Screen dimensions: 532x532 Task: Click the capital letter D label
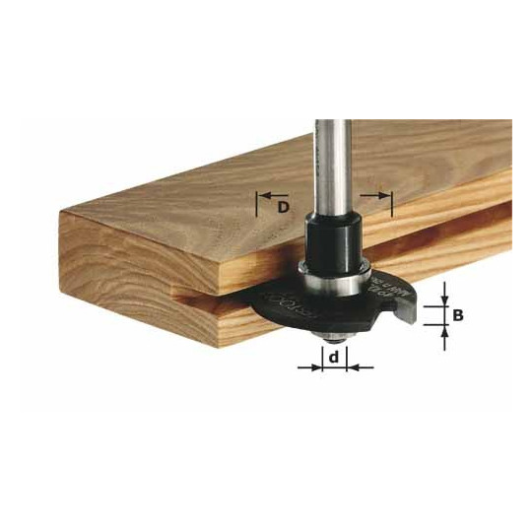coord(283,206)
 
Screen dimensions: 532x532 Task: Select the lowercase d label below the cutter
coord(336,359)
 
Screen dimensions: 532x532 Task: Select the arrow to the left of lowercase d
coord(313,366)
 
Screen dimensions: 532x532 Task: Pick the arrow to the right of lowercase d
coord(357,366)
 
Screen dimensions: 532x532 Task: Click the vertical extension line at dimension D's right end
coord(391,204)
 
